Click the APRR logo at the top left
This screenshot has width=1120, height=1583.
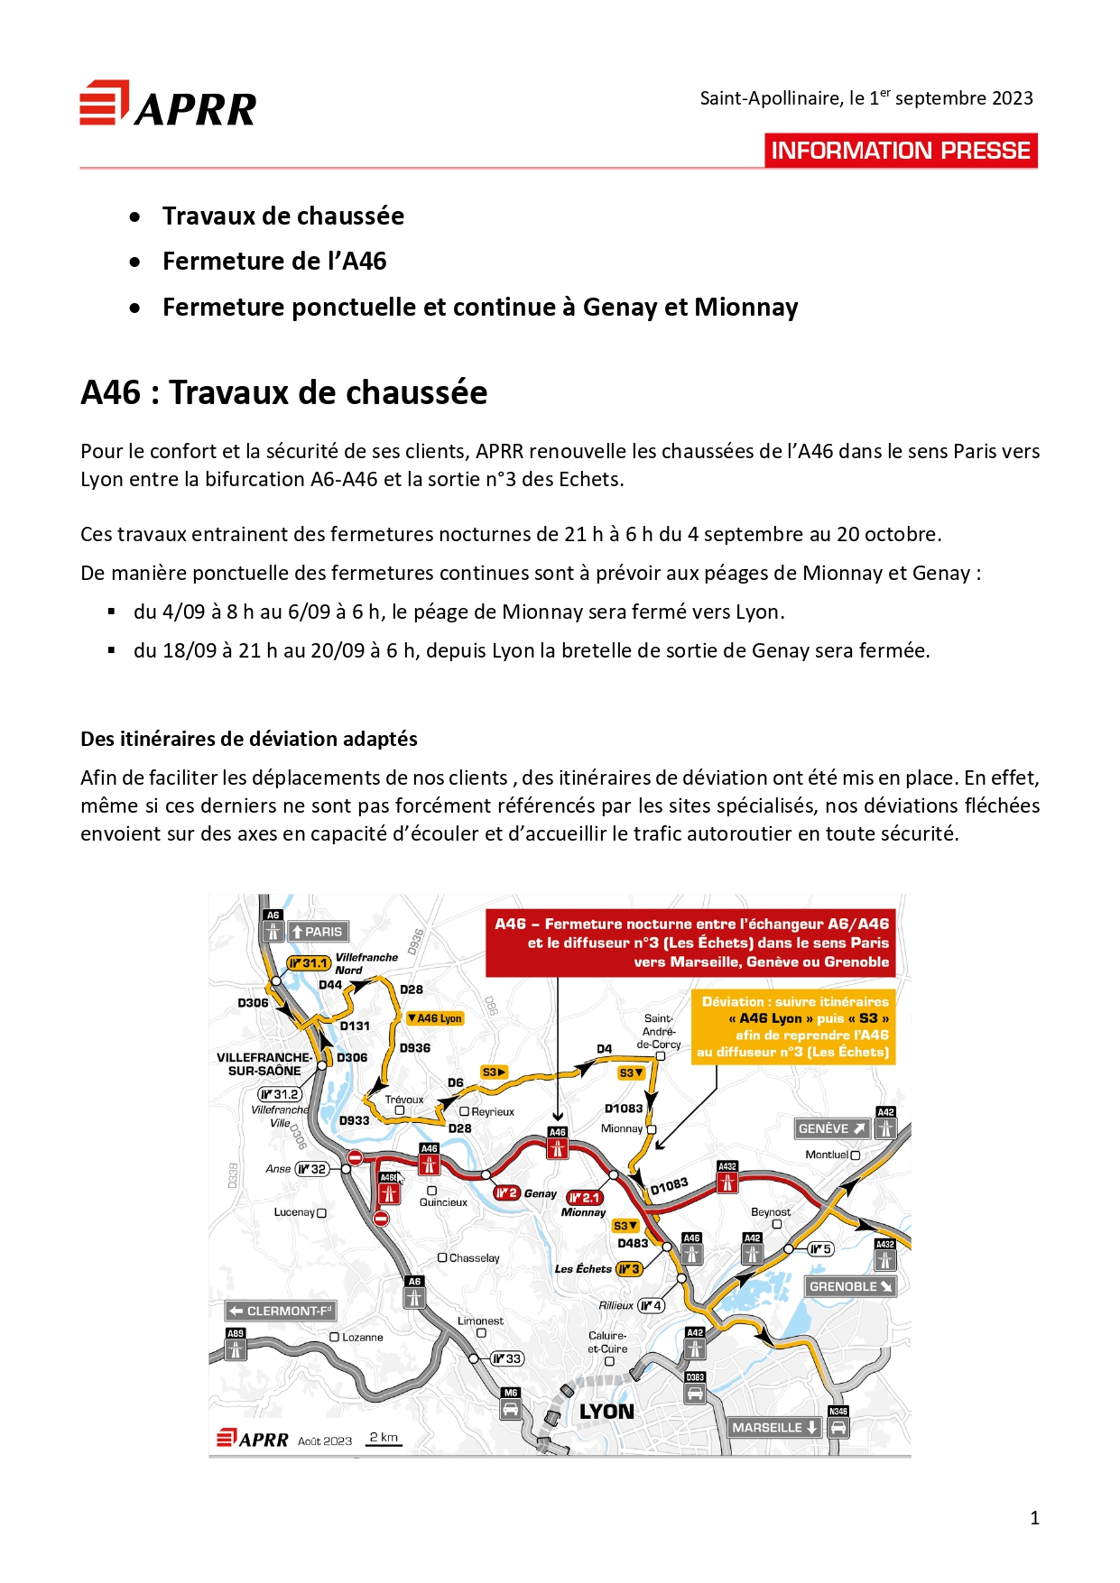168,105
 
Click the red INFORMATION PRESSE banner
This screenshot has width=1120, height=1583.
901,151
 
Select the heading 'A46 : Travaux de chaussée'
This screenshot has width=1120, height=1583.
284,393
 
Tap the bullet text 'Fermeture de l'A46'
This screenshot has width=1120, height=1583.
274,262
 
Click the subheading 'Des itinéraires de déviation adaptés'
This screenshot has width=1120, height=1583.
249,739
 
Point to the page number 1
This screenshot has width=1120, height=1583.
1034,1518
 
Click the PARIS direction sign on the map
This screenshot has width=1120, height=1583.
317,932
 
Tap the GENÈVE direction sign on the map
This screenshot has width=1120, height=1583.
831,1128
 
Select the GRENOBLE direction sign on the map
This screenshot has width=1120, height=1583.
850,1286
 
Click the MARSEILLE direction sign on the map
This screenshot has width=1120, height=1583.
774,1427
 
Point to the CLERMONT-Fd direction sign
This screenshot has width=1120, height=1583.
280,1311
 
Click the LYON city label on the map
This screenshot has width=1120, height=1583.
606,1412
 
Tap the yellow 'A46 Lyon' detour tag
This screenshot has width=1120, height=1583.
435,1018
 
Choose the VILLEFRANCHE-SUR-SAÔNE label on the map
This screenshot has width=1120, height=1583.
264,1064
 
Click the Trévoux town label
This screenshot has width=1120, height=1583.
403,1100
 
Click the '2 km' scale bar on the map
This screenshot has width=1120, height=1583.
384,1439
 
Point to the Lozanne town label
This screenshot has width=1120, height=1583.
361,1338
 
